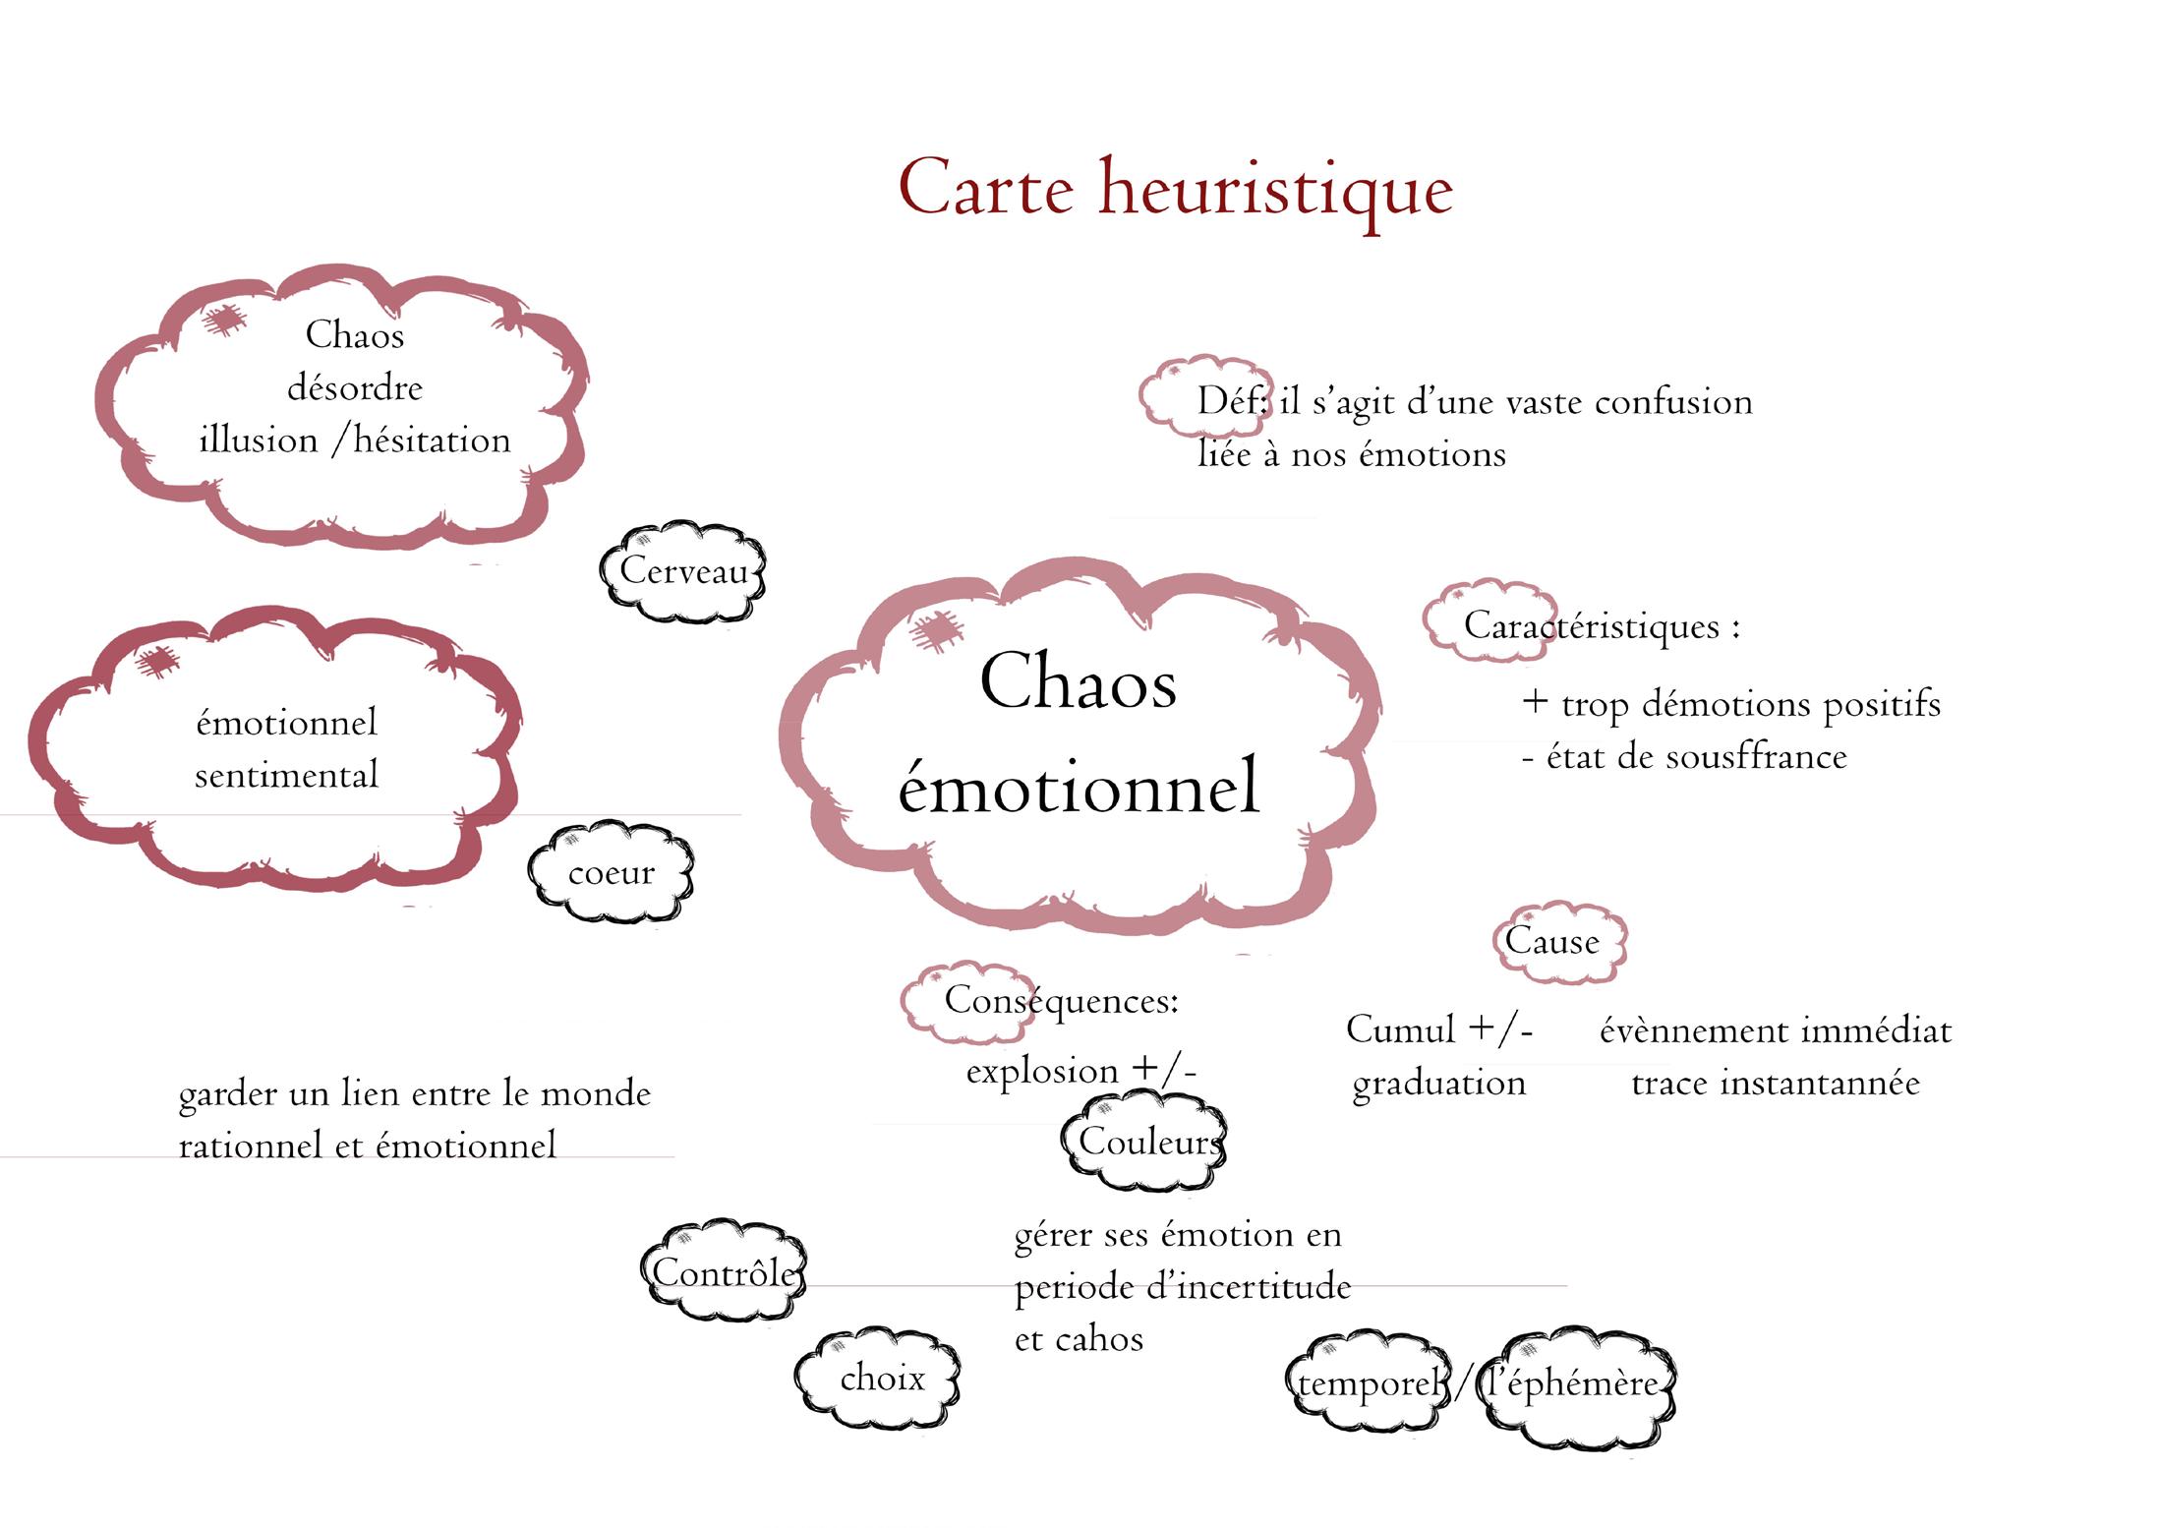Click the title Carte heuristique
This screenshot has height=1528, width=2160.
(x=1175, y=189)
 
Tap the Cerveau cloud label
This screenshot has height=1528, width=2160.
(x=683, y=571)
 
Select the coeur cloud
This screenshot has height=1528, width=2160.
(x=611, y=873)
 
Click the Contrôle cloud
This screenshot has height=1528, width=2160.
(x=724, y=1272)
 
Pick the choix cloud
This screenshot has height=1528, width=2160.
(x=881, y=1379)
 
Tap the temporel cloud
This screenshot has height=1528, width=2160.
(x=1369, y=1384)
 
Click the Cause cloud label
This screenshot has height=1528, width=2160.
(x=1552, y=942)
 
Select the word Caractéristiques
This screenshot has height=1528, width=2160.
(x=1591, y=626)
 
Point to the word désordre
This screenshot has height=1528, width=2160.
(x=355, y=387)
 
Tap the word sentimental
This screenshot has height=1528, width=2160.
(x=286, y=775)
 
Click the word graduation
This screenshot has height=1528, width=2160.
(x=1438, y=1083)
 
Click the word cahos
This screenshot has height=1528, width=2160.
(x=1098, y=1339)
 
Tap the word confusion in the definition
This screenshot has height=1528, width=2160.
(x=1673, y=402)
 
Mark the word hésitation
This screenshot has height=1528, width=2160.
(x=432, y=441)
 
